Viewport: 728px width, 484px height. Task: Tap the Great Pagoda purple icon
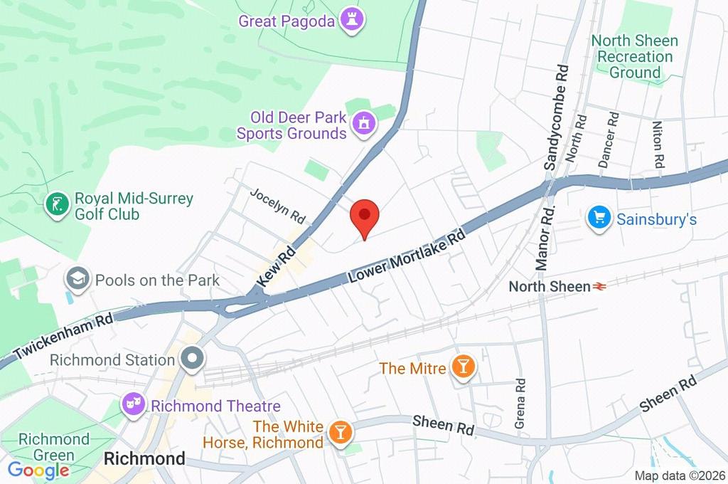pyautogui.click(x=350, y=20)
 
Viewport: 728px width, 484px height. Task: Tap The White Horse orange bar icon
pyautogui.click(x=341, y=433)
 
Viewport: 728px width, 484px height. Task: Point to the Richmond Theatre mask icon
pyautogui.click(x=132, y=406)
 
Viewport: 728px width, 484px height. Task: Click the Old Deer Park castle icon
pyautogui.click(x=364, y=123)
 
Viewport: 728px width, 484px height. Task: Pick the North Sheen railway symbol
pyautogui.click(x=601, y=287)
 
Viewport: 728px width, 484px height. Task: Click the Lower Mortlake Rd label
pyautogui.click(x=407, y=257)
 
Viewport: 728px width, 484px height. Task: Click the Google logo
pyautogui.click(x=38, y=470)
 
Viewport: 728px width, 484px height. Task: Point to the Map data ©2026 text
pyautogui.click(x=679, y=475)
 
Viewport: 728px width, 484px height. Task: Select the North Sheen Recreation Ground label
pyautogui.click(x=634, y=56)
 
